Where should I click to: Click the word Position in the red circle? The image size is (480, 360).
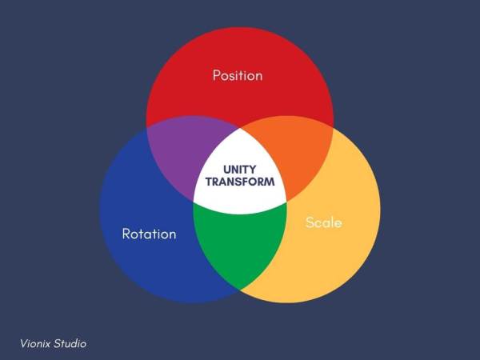click(238, 76)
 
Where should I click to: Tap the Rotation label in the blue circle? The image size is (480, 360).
click(149, 234)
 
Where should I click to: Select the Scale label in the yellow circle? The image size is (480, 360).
click(324, 222)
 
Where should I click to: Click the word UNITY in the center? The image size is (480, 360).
click(240, 169)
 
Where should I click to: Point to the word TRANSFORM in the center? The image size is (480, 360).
click(240, 182)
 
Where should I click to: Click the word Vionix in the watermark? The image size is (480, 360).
click(37, 343)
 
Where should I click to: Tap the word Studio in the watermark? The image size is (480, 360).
click(71, 343)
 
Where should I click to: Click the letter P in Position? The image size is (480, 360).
click(217, 76)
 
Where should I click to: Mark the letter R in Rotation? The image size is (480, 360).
click(126, 234)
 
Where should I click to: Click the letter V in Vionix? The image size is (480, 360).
click(23, 343)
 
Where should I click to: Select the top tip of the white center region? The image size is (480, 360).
click(240, 126)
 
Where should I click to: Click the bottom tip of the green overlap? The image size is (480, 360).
click(239, 289)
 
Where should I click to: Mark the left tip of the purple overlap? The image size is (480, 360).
click(146, 129)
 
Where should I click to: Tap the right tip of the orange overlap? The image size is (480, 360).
click(334, 128)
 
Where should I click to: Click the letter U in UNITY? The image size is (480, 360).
click(227, 169)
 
